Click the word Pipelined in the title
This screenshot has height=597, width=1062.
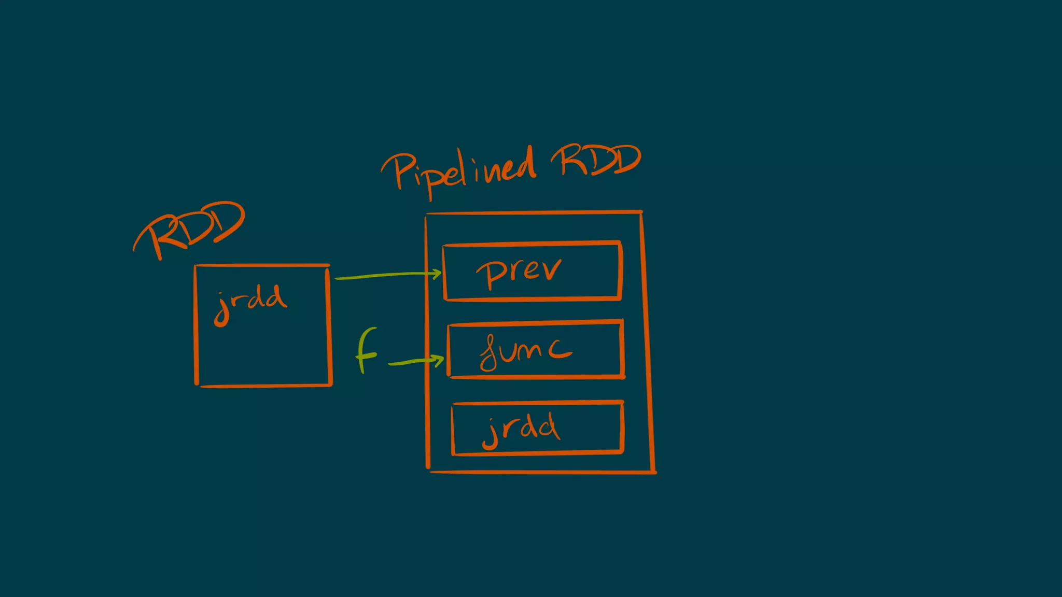pyautogui.click(x=459, y=172)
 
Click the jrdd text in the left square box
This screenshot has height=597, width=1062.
pyautogui.click(x=250, y=303)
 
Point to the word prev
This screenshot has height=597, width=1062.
pyautogui.click(x=519, y=272)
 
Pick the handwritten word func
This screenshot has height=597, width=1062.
pyautogui.click(x=525, y=351)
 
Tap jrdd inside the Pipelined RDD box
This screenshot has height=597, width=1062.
pyautogui.click(x=521, y=429)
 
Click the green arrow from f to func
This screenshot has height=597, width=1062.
pyautogui.click(x=415, y=361)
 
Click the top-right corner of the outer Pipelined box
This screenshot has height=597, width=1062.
pyautogui.click(x=641, y=212)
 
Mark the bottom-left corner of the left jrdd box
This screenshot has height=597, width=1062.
pyautogui.click(x=197, y=385)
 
